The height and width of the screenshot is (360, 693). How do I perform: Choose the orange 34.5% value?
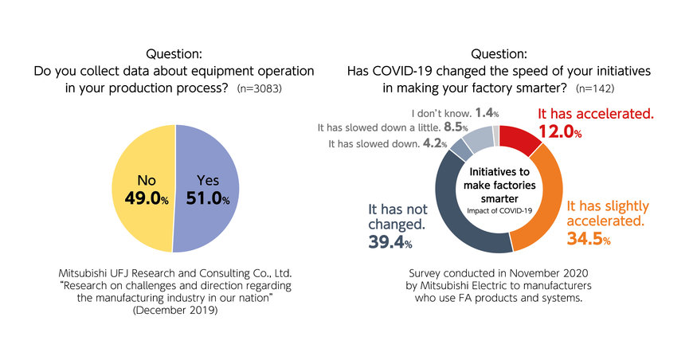[588, 237]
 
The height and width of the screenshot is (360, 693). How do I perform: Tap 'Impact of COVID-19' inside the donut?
[499, 209]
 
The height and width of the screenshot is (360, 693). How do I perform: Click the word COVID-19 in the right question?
[407, 71]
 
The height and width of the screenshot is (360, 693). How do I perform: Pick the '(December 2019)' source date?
[174, 310]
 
